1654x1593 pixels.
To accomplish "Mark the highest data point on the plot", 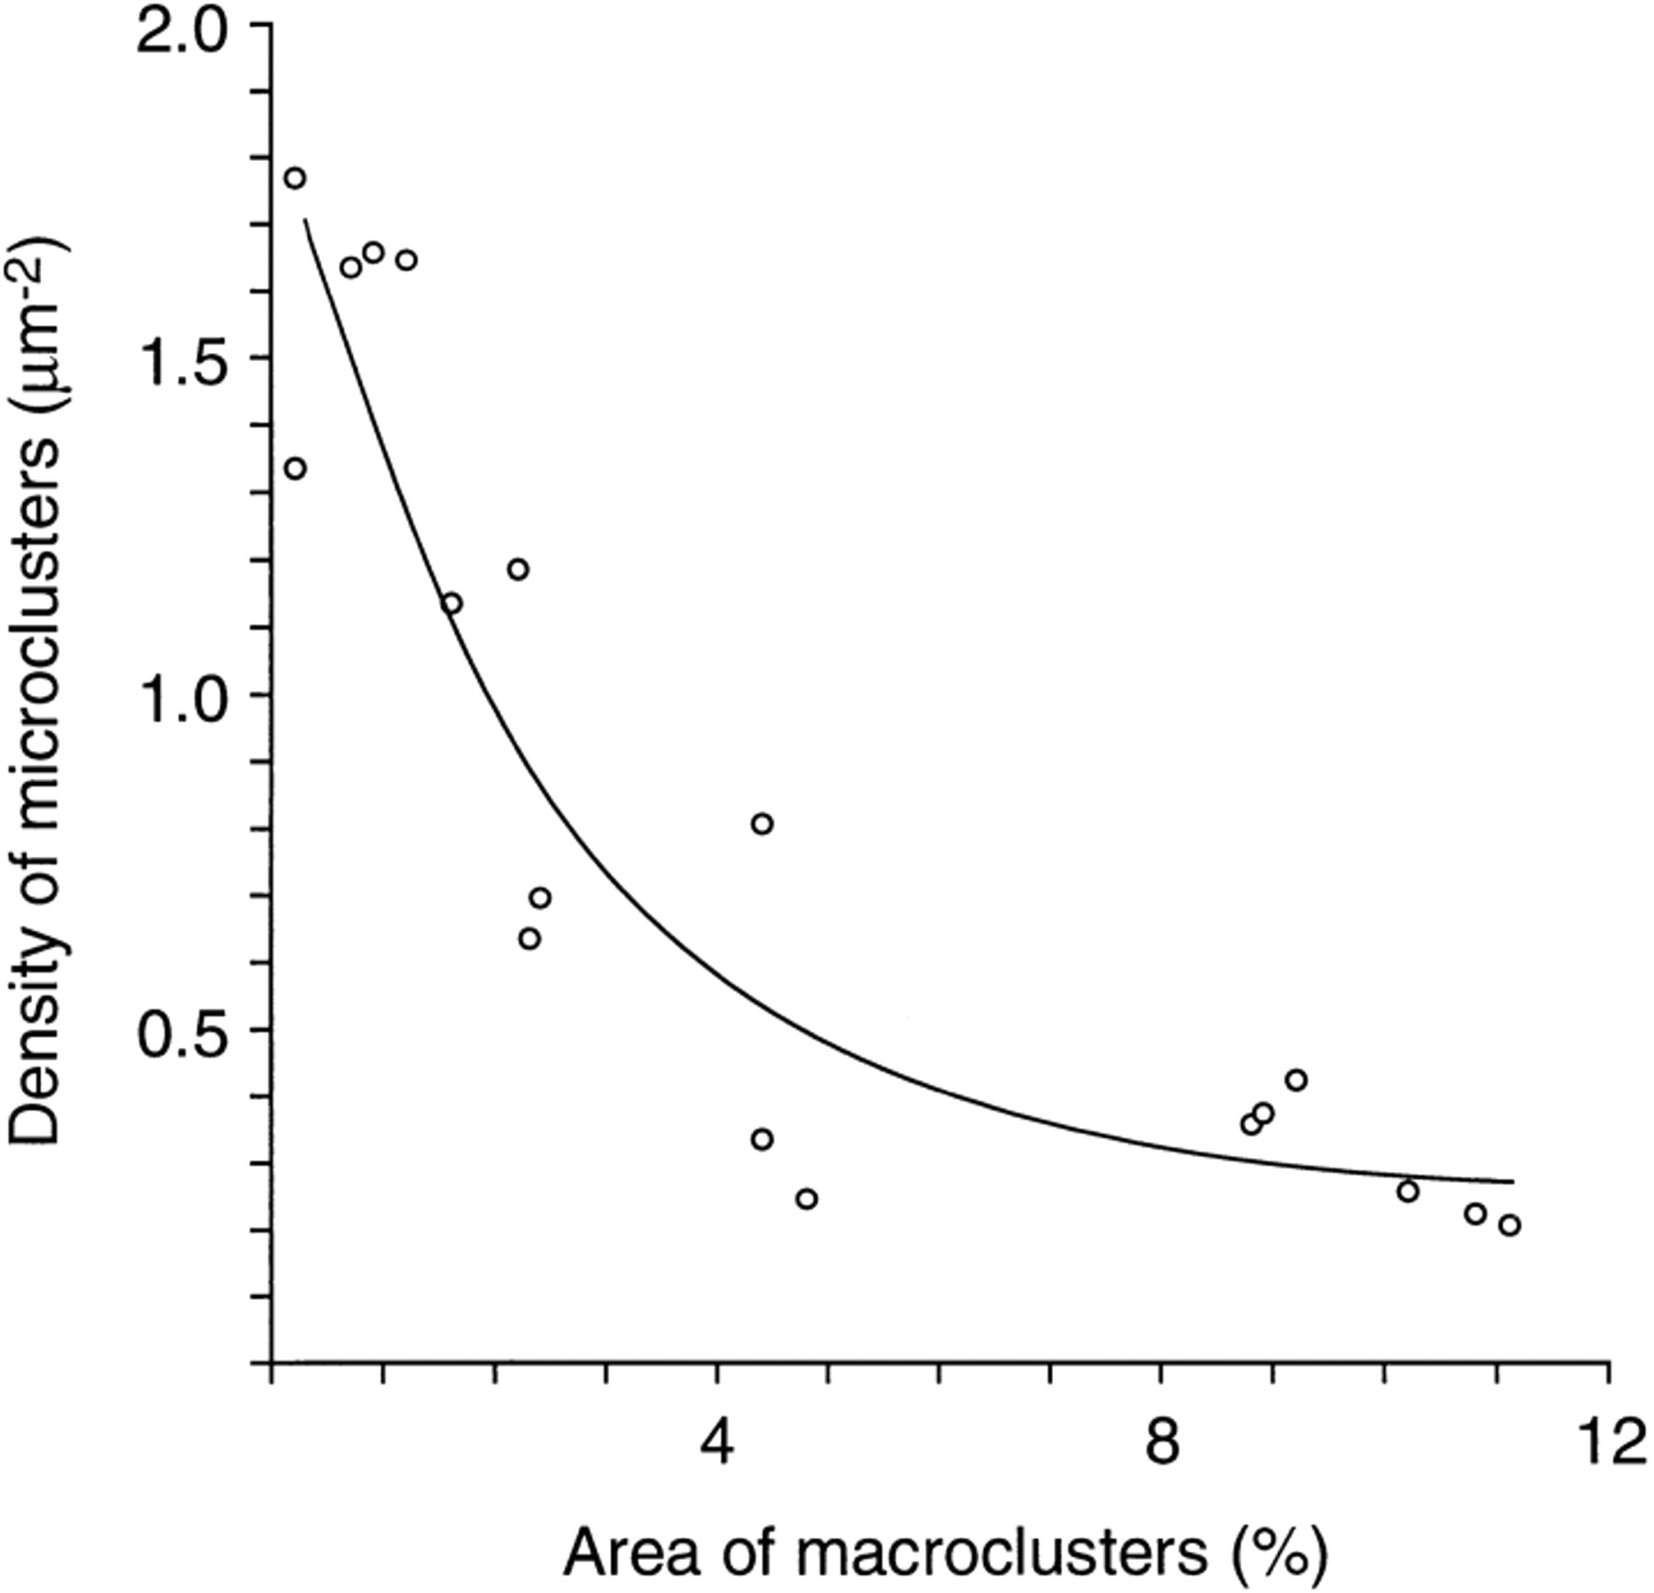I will point(295,178).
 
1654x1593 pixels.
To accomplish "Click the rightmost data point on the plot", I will point(1509,1225).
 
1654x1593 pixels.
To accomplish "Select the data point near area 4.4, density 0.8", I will point(762,824).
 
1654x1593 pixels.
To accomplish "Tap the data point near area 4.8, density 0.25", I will point(807,1199).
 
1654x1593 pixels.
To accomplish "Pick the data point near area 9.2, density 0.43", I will point(1297,1080).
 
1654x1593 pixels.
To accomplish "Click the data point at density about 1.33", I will point(295,469).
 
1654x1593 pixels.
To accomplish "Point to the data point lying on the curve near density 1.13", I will point(451,604).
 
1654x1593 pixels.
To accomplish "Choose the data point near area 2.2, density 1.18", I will point(518,569).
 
